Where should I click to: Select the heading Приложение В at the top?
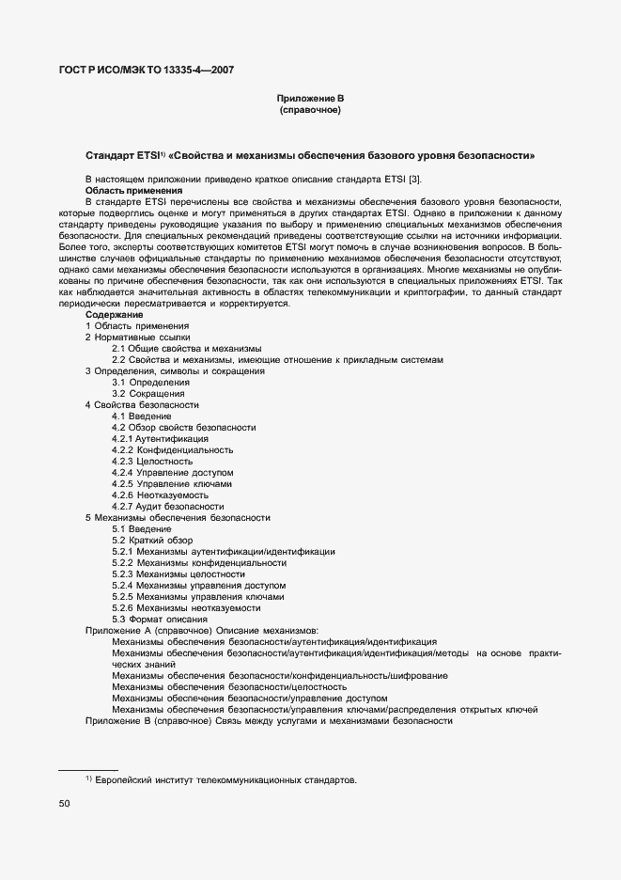point(309,99)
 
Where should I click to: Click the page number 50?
point(65,804)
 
